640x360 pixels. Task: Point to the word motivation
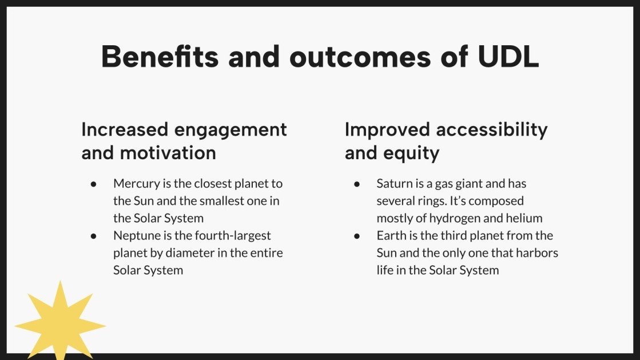[168, 153]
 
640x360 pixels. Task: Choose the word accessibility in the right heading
[492, 130]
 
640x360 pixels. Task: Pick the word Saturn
[395, 184]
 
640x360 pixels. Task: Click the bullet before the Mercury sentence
[94, 184]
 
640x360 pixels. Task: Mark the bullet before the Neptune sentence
[94, 236]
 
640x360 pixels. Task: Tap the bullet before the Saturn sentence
[357, 184]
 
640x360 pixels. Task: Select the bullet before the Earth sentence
[357, 236]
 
